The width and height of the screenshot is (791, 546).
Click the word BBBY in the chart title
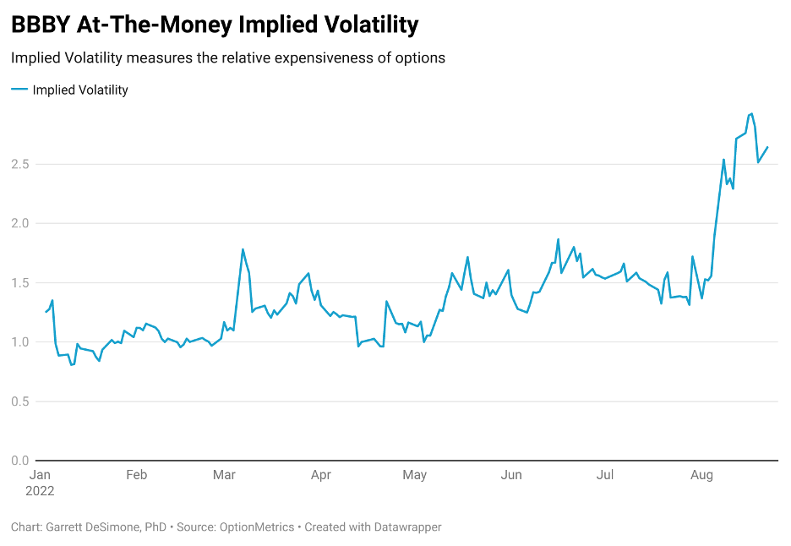[40, 25]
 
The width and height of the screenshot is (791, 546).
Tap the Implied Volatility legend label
[80, 90]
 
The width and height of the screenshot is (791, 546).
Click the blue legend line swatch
[19, 90]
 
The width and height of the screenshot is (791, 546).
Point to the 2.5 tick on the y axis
[20, 164]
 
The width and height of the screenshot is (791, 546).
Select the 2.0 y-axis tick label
[20, 223]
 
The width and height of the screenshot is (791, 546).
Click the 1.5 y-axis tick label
[20, 282]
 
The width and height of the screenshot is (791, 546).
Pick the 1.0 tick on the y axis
[20, 341]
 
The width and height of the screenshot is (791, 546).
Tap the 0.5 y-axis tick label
[20, 401]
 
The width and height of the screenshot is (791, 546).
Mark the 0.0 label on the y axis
[20, 461]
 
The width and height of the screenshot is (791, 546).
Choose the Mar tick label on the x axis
[224, 475]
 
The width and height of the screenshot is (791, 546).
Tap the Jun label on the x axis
[511, 475]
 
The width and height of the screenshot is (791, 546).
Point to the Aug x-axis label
[701, 475]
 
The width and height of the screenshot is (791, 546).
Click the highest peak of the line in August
[751, 113]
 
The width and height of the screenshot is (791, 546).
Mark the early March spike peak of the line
[243, 249]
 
